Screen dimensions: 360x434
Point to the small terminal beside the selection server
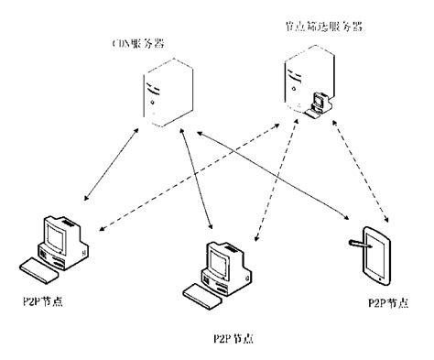tap(320, 104)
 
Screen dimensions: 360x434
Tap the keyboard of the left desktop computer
tap(38, 272)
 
